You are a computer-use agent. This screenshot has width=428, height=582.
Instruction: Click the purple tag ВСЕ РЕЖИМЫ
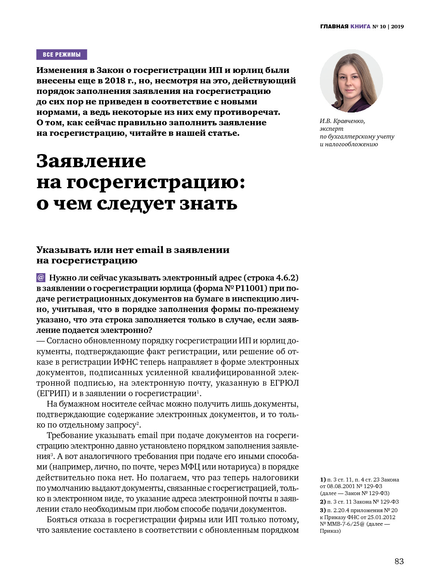pyautogui.click(x=62, y=55)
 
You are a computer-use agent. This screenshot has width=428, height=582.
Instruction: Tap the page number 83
pyautogui.click(x=399, y=561)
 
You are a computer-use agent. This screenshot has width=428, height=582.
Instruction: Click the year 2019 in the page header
pyautogui.click(x=397, y=27)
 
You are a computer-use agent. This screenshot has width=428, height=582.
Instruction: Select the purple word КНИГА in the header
pyautogui.click(x=361, y=27)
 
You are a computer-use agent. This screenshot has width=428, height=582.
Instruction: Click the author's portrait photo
pyautogui.click(x=351, y=81)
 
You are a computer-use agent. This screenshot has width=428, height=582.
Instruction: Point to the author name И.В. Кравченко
pyautogui.click(x=342, y=121)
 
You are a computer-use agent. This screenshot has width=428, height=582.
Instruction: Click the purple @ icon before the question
pyautogui.click(x=41, y=278)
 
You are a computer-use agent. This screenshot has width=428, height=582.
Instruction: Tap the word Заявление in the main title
pyautogui.click(x=91, y=161)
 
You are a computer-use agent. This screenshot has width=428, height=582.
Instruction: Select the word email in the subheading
pyautogui.click(x=150, y=250)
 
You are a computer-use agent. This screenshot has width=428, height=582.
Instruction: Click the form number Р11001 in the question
pyautogui.click(x=251, y=288)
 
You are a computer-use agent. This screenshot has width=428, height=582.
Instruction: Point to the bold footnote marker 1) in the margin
pyautogui.click(x=323, y=480)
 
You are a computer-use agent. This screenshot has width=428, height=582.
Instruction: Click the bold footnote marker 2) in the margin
pyautogui.click(x=323, y=502)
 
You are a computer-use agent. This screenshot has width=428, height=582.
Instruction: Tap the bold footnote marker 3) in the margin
pyautogui.click(x=323, y=510)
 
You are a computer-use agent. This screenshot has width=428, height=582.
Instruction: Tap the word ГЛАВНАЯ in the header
pyautogui.click(x=334, y=27)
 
